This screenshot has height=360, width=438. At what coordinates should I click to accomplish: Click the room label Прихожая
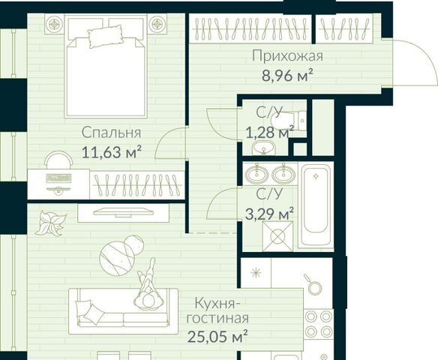point(287,55)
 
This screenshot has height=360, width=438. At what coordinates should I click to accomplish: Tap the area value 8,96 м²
point(287,76)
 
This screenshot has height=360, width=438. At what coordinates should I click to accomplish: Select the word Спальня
point(112,133)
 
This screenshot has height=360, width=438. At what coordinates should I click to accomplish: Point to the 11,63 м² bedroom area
point(112,152)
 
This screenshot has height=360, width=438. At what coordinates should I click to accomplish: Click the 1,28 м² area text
point(270,133)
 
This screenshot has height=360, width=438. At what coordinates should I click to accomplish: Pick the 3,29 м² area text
point(269,214)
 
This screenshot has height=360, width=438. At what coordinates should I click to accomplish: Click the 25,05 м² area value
point(217,336)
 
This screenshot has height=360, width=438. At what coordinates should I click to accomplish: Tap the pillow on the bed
point(106,36)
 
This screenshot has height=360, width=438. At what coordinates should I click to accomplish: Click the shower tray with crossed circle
point(278,236)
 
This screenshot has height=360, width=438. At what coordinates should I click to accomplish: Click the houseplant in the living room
point(51,223)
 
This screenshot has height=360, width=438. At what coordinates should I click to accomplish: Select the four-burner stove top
point(319,324)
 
